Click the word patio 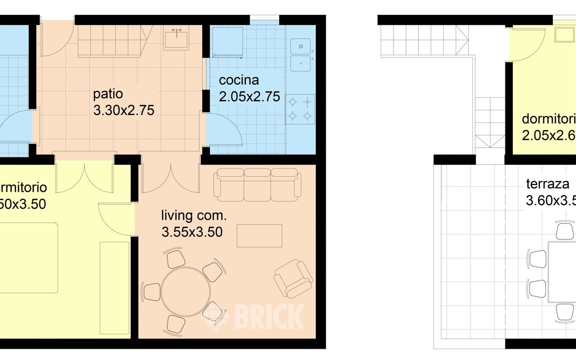108,94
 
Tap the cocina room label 239,81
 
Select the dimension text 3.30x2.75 124,110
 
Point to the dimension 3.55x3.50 192,232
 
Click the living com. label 194,216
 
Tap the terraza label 548,184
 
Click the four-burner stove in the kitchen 300,109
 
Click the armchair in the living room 293,278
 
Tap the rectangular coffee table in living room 260,236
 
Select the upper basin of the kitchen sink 300,46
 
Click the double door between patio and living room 170,178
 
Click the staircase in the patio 110,41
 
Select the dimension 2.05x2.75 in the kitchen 249,97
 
